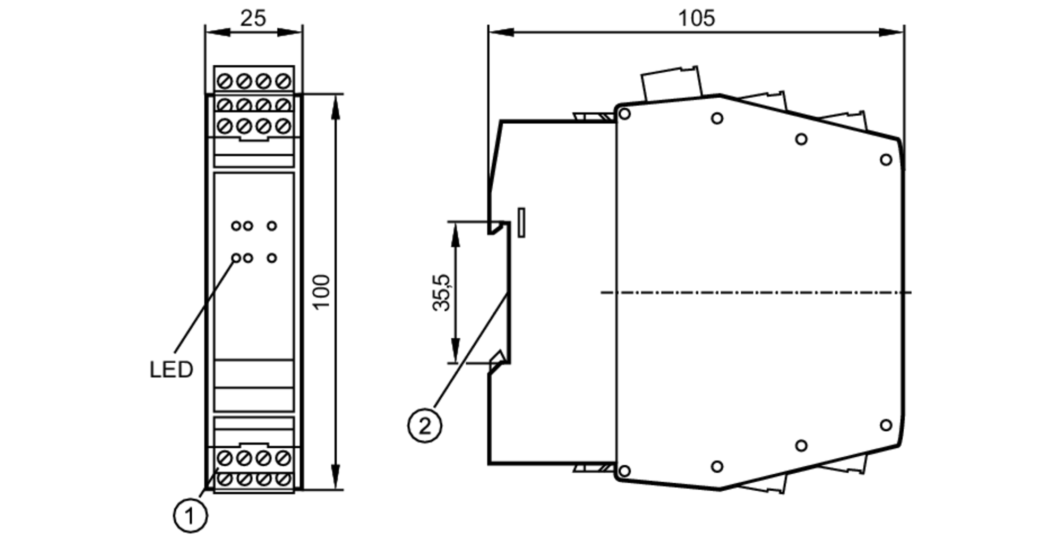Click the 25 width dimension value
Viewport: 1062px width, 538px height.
(253, 18)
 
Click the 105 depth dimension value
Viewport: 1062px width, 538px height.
(696, 18)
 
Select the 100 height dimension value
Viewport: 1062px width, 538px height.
(321, 291)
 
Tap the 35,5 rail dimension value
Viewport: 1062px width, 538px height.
(441, 292)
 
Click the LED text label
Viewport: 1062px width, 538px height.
(171, 370)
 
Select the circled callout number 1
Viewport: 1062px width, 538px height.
(190, 515)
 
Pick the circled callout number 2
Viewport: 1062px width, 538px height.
(424, 426)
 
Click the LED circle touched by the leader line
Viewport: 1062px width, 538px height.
(236, 258)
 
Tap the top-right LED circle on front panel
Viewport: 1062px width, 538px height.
(271, 226)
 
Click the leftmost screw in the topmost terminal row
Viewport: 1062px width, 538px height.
(225, 81)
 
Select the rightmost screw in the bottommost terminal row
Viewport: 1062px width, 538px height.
(284, 480)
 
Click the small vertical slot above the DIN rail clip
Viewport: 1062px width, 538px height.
(521, 222)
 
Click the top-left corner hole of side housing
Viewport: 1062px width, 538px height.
(625, 114)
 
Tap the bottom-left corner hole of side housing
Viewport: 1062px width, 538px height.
(625, 471)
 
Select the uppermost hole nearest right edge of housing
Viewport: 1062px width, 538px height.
(886, 159)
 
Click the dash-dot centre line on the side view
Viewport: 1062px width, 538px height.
(754, 292)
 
